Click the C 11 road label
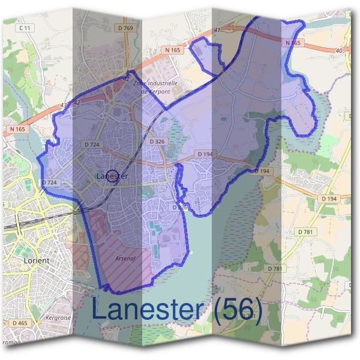pos(25,28)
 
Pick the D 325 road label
pos(180,207)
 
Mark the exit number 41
pos(217,29)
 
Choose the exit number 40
pos(340,50)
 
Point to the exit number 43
pos(64,106)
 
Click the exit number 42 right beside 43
pos(76,103)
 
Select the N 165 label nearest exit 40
pos(292,43)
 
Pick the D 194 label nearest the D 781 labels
pos(328,199)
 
